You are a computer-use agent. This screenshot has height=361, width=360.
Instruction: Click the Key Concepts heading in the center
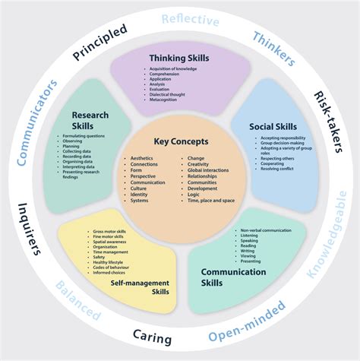click(179, 142)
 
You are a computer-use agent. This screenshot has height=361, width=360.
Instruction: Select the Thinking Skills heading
click(179, 58)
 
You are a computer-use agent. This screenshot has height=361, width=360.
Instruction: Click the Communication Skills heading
click(233, 277)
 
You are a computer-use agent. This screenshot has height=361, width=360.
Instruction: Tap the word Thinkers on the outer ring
click(274, 48)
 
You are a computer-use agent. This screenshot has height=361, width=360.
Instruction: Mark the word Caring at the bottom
click(153, 337)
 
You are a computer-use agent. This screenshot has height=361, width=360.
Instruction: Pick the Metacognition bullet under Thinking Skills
click(169, 100)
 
